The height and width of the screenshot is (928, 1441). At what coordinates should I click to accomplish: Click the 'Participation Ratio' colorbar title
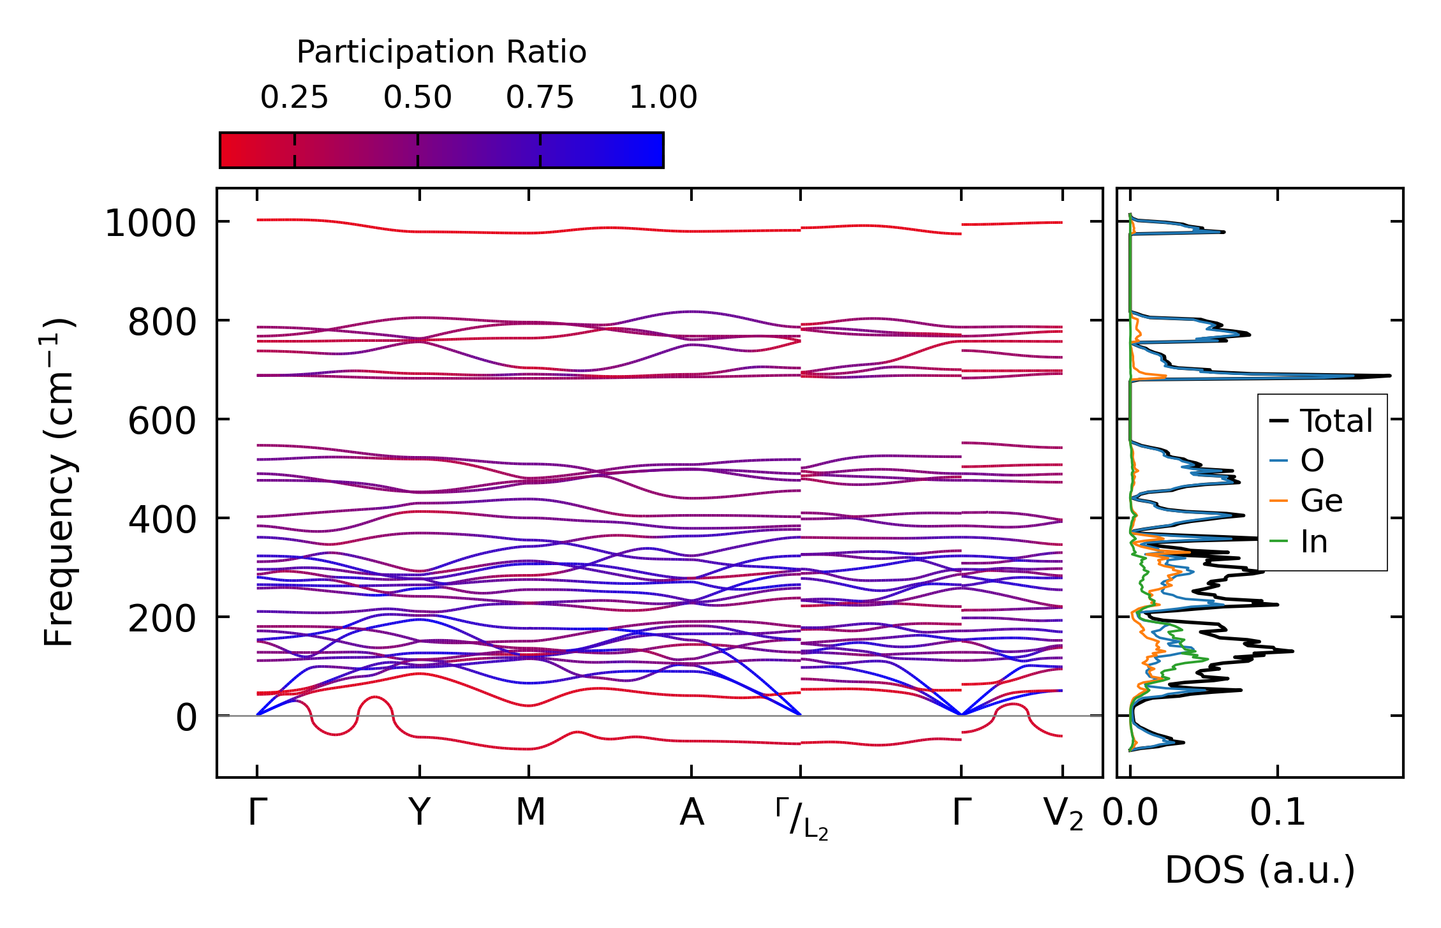pos(441,52)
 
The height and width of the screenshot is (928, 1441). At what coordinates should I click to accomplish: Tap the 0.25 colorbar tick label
pos(294,98)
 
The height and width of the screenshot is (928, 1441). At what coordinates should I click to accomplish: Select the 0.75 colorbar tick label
pos(540,98)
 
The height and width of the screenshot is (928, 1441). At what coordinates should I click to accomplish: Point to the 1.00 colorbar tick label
pos(663,98)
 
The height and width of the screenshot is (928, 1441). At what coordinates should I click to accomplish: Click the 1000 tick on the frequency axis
pos(151,224)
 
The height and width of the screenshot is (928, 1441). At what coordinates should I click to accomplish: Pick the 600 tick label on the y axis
pos(162,422)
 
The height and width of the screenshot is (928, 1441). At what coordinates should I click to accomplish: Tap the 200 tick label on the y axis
pos(162,619)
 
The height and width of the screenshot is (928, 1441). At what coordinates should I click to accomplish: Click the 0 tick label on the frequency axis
pos(186,718)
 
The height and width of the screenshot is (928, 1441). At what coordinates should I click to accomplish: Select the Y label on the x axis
pos(419,813)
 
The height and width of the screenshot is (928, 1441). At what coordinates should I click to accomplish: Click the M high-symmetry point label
pos(530,813)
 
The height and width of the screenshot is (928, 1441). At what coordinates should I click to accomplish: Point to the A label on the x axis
pos(691,813)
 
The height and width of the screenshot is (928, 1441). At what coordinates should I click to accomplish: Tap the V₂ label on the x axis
pos(1063,814)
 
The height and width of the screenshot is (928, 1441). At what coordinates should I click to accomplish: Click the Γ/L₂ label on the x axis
pos(802,820)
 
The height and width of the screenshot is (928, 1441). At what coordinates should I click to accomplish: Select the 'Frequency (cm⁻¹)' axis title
pos(59,482)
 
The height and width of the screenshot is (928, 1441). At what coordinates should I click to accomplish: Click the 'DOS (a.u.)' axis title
pos(1260,871)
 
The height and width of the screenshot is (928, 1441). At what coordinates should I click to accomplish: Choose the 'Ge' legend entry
pos(1321,501)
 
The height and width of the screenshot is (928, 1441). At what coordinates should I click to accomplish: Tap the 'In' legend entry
pos(1314,542)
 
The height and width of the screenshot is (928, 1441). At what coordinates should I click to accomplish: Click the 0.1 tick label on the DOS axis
pos(1277,813)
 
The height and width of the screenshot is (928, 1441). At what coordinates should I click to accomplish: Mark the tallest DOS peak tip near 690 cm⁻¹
pos(1389,376)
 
